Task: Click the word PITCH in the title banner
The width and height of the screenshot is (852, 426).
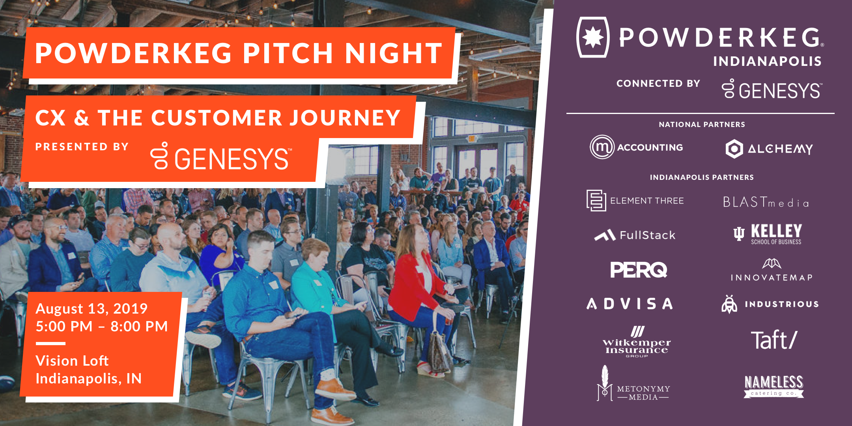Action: click(x=288, y=53)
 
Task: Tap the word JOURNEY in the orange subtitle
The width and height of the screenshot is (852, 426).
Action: click(x=345, y=118)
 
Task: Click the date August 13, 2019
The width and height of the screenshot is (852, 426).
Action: click(x=92, y=309)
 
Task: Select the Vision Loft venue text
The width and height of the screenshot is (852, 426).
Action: click(x=72, y=361)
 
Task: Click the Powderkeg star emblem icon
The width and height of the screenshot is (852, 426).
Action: click(x=593, y=37)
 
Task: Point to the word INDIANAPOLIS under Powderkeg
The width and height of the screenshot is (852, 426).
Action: click(x=767, y=61)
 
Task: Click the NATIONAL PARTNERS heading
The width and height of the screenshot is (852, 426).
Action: click(x=702, y=125)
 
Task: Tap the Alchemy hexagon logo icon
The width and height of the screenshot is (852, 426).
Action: click(x=734, y=149)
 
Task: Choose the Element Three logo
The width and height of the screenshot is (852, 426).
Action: click(x=635, y=200)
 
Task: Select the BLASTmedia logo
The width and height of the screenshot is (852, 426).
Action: click(x=766, y=202)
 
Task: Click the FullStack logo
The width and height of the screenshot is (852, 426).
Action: click(x=635, y=235)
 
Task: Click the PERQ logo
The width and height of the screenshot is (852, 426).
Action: click(x=639, y=270)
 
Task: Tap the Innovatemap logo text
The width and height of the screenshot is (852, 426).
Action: click(x=772, y=278)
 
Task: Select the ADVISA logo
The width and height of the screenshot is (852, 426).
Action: click(x=630, y=304)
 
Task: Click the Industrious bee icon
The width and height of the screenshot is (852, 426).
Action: click(x=729, y=304)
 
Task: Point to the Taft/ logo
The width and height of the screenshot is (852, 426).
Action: click(x=774, y=340)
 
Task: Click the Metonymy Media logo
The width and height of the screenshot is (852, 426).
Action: click(x=633, y=383)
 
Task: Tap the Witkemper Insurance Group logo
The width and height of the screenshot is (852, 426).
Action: click(x=637, y=342)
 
